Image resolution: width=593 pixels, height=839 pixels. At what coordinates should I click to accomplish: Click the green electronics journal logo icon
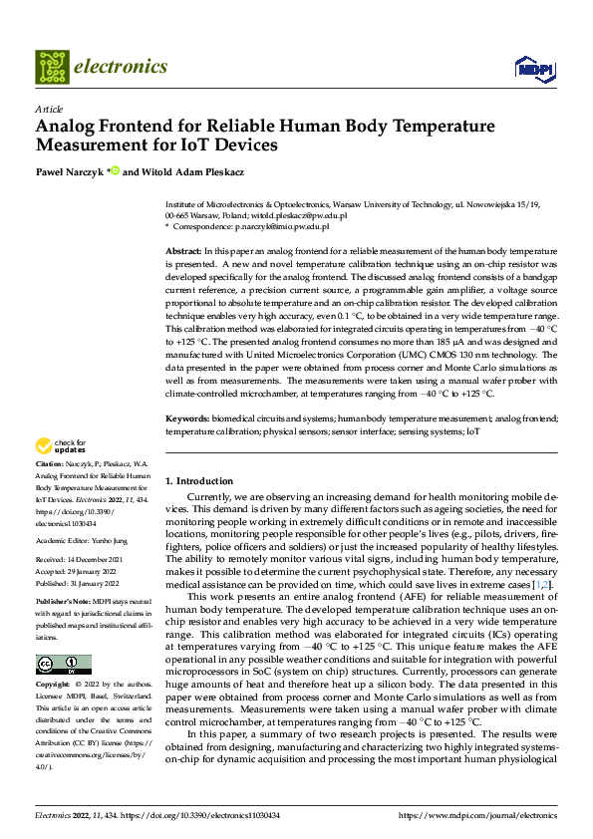[x=52, y=68]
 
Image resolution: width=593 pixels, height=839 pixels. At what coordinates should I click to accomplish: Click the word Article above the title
[x=49, y=109]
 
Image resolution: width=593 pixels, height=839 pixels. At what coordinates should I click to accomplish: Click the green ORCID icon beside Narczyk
[x=117, y=170]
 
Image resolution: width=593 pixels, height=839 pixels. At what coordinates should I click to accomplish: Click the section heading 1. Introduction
[x=199, y=481]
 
